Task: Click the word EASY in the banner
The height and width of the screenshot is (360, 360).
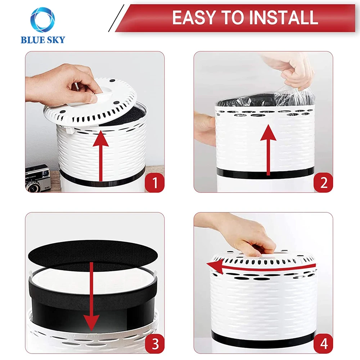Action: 194,18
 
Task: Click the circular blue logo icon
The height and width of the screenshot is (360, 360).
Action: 43,20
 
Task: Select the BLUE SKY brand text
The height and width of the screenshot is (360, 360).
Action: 43,40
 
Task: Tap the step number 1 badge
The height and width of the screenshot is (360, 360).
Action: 154,183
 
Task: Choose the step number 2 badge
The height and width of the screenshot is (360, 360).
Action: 323,183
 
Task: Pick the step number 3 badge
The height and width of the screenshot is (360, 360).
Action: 154,344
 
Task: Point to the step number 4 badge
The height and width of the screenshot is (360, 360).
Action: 323,344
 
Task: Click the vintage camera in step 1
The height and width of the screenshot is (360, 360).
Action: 37,178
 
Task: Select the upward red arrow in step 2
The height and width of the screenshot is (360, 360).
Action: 268,150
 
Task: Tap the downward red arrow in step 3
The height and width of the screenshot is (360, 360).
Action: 91,296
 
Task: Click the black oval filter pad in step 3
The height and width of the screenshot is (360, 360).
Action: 93,255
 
